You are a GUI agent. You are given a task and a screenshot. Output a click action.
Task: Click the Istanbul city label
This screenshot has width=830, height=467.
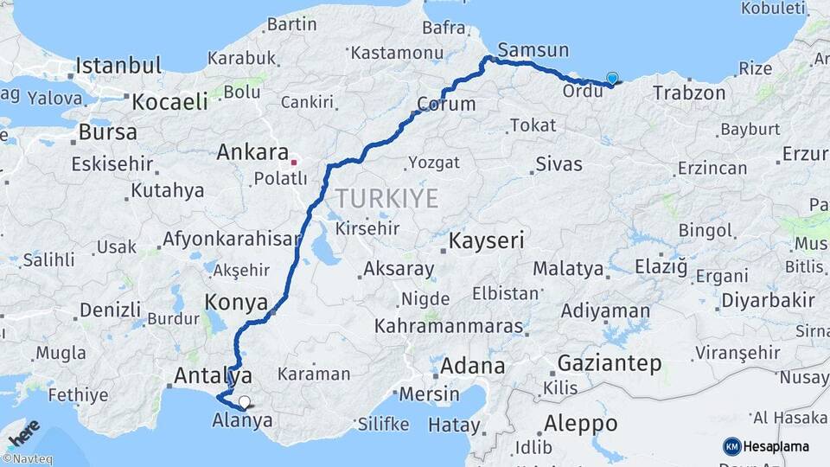point(118,66)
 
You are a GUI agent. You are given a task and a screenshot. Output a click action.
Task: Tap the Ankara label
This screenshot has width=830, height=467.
point(252,153)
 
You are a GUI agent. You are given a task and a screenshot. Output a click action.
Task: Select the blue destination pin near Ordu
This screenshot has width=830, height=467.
point(612,79)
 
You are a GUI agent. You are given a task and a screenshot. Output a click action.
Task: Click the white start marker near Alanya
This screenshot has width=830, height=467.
point(246,401)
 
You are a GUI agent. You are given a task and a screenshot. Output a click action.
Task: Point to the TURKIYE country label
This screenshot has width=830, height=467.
point(386,199)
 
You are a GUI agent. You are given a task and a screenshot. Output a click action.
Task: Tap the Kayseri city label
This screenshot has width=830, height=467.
point(487,240)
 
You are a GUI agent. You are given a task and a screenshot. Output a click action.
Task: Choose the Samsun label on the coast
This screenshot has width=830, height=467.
point(533,50)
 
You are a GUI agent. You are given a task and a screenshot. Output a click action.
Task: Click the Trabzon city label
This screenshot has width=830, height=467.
point(689,93)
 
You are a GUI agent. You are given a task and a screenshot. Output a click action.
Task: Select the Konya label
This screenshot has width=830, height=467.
point(234,302)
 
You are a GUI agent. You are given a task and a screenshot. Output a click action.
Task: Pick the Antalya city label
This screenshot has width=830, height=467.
point(213,376)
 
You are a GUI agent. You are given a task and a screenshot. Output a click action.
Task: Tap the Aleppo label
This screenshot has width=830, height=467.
point(580,424)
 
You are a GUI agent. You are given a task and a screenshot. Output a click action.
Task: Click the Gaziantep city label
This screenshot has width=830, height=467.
point(610,362)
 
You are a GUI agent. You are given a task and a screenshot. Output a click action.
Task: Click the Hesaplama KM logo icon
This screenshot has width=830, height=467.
point(731,446)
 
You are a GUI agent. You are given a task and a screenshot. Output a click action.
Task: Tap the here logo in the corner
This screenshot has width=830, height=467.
point(22,432)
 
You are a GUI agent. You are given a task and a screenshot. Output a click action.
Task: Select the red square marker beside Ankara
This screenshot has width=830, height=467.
point(294,161)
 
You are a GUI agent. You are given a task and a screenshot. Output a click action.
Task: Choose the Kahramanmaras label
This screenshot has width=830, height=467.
point(449,327)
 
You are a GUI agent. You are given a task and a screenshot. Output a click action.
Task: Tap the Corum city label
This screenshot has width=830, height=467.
point(446,105)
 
